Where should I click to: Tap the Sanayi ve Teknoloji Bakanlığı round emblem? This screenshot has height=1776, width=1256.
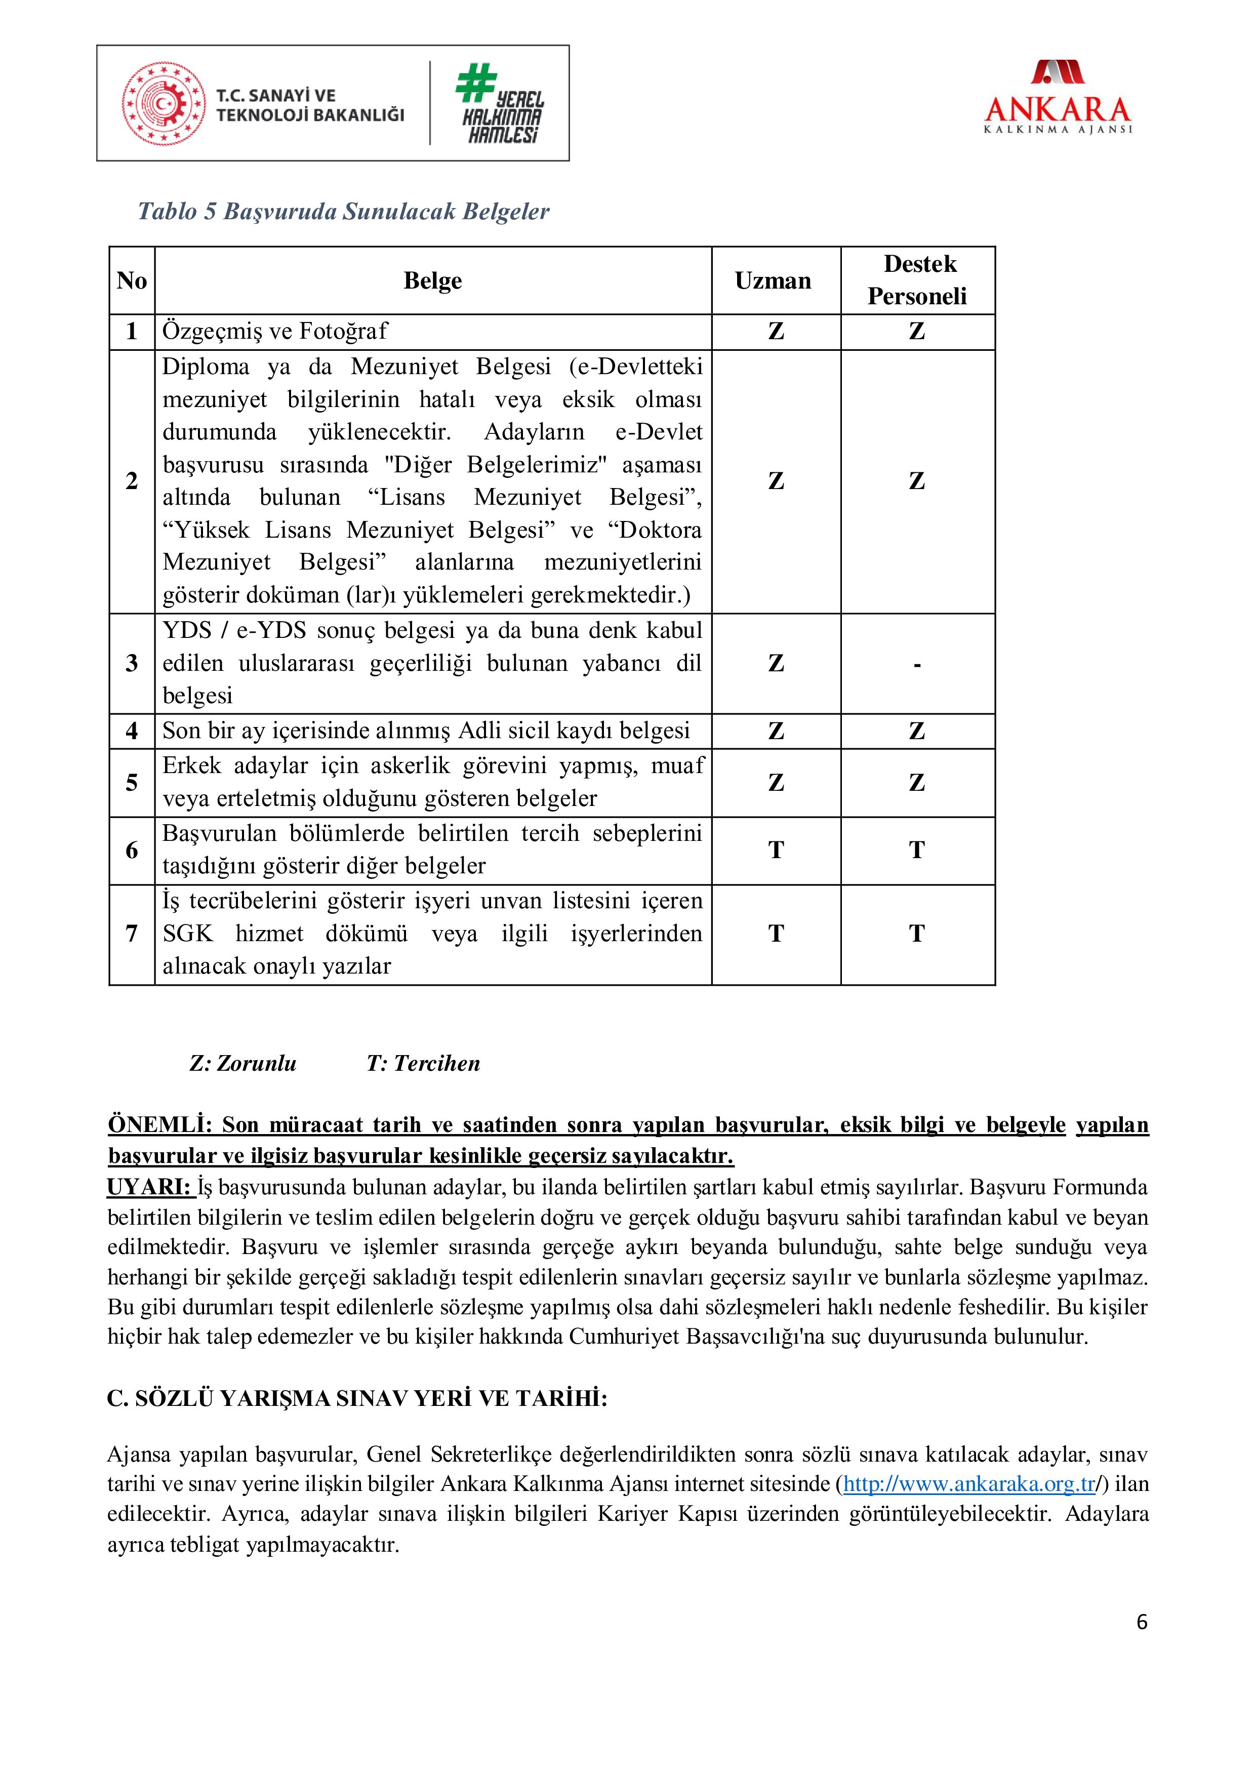pyautogui.click(x=163, y=104)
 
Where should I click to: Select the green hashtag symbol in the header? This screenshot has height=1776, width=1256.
pyautogui.click(x=475, y=84)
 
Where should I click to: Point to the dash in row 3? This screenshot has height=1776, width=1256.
pyautogui.click(x=917, y=664)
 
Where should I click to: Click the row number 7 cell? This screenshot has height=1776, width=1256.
pyautogui.click(x=132, y=934)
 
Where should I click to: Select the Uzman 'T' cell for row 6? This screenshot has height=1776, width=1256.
pyautogui.click(x=776, y=850)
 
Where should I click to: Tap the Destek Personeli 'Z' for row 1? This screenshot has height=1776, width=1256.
pyautogui.click(x=917, y=332)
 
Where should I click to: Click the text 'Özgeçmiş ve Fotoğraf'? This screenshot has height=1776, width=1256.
pyautogui.click(x=274, y=332)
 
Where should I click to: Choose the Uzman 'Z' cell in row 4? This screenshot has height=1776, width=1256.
pyautogui.click(x=776, y=731)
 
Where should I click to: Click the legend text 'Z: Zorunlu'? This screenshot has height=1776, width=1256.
pyautogui.click(x=243, y=1064)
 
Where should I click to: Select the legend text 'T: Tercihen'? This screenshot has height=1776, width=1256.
pyautogui.click(x=423, y=1064)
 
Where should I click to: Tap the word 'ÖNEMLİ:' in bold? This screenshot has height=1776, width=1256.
pyautogui.click(x=159, y=1125)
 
